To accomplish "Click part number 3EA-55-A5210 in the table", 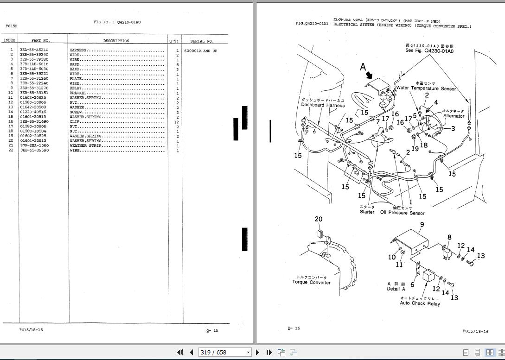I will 33,50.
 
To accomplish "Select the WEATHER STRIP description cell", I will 85,145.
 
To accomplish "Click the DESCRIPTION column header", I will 116,41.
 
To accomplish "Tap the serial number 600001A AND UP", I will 200,51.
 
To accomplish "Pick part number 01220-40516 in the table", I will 33,112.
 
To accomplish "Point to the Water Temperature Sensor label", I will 426,88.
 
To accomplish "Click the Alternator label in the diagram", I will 454,116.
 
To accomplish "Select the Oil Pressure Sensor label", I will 402,213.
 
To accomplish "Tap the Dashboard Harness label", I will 323,105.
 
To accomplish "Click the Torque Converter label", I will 311,282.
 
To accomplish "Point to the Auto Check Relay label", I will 420,303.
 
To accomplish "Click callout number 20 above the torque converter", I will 319,219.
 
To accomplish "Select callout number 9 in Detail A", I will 422,225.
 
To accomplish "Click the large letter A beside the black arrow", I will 363,68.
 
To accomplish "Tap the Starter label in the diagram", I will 367,212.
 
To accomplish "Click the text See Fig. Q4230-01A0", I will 429,51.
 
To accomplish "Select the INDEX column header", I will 10,40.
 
